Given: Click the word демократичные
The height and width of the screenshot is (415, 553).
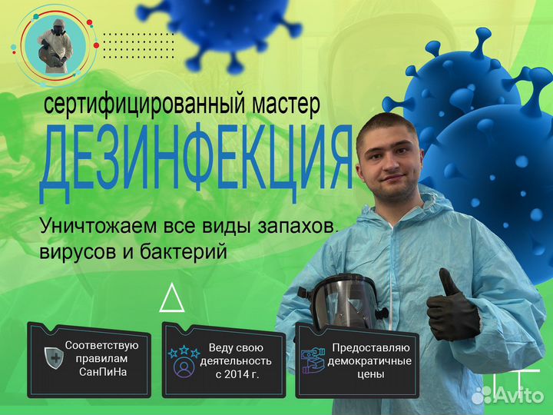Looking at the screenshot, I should click(x=369, y=360).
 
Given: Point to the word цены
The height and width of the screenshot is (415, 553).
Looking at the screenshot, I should click(x=369, y=374).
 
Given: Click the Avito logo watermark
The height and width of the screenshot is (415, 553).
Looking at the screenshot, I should click(x=507, y=394).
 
